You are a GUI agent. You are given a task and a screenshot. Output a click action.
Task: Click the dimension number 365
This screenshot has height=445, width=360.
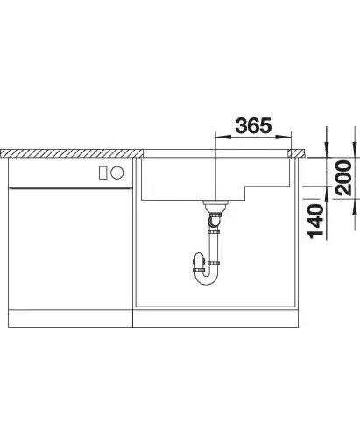tap(253, 126)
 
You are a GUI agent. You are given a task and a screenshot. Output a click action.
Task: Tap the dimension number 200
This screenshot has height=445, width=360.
tap(343, 177)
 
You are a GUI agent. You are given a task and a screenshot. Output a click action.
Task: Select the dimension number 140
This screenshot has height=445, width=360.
tap(315, 221)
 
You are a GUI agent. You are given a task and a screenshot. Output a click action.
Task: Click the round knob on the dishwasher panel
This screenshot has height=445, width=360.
tap(117, 173)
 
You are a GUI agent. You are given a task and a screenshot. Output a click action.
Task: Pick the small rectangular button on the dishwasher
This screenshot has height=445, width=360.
tap(102, 173)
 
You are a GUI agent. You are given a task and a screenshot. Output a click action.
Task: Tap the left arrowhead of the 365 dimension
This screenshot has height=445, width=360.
tap(223, 136)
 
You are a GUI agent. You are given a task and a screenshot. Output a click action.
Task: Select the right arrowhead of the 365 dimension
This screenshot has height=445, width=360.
tap(284, 136)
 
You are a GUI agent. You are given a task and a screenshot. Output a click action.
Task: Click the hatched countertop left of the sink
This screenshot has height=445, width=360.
tap(71, 153)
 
